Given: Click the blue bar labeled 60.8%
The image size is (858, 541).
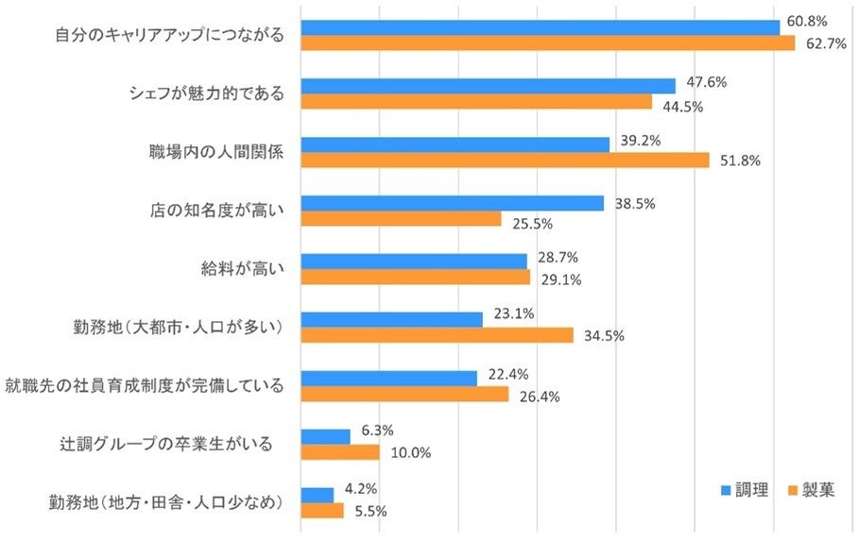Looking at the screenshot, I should pos(540,27).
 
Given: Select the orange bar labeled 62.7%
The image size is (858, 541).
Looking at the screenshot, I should pos(547,43).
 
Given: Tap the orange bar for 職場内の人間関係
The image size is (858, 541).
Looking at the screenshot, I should pos(505,161).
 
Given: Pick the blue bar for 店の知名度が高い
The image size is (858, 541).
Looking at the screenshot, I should pos(452,203).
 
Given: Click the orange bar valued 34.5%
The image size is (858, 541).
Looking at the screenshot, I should pos(437,335).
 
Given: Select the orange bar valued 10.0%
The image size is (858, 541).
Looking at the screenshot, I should pos(340,452).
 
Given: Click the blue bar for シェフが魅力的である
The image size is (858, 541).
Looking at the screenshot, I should pos(488,86).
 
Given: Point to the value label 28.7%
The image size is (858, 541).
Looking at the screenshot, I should pos(557,257).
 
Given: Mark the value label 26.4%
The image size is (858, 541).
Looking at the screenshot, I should pos(539,397).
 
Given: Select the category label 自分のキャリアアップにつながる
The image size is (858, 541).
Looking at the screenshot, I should pos(170,36).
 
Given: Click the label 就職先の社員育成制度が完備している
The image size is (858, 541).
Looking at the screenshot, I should pos(145,385).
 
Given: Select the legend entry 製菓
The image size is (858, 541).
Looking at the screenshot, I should pos(811,491).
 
